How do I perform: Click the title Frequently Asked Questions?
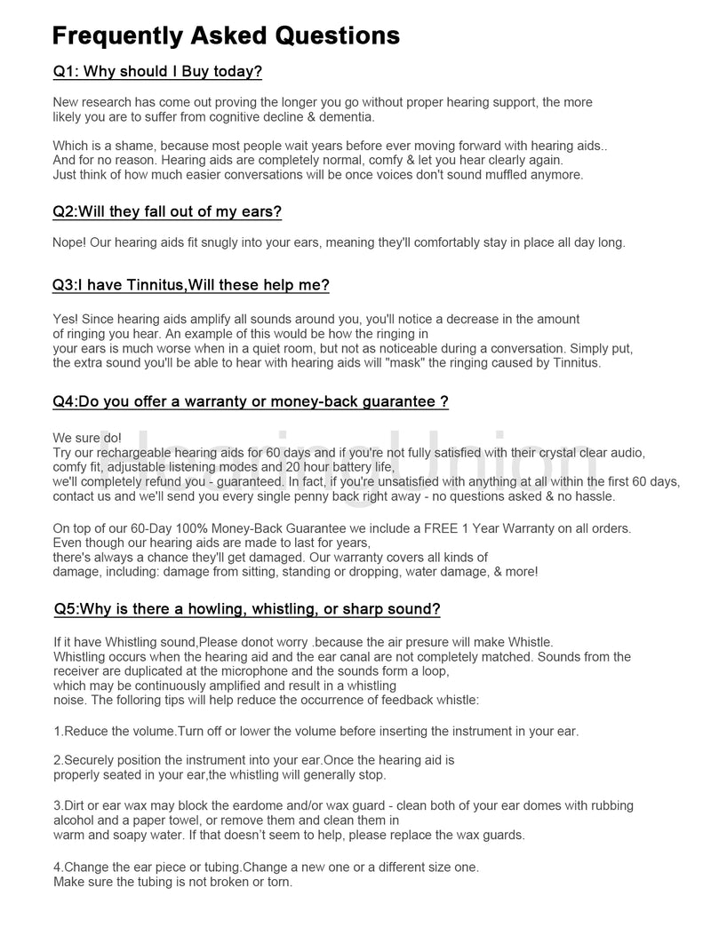(x=226, y=36)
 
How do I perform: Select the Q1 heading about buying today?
(x=157, y=71)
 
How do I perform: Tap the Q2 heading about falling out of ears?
(x=167, y=212)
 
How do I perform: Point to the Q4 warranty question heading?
(x=250, y=401)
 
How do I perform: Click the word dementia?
(x=347, y=117)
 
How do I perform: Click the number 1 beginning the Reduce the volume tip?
(x=57, y=731)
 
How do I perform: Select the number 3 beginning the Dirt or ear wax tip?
(x=57, y=805)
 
